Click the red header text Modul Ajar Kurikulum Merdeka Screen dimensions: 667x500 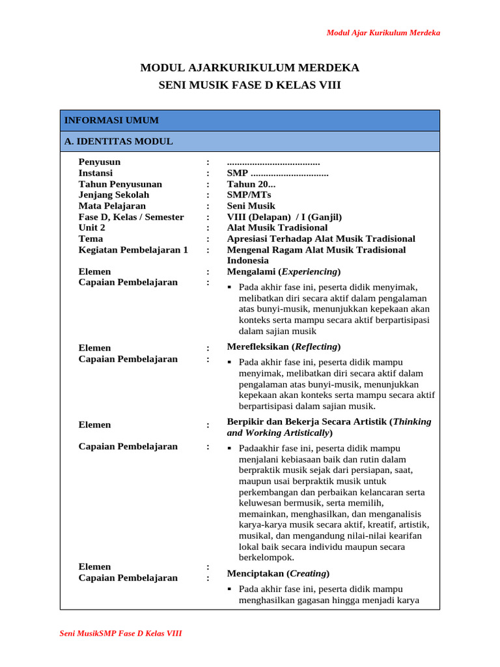(x=383, y=33)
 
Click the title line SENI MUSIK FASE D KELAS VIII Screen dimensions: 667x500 (x=250, y=85)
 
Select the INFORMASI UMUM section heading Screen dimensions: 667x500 (x=111, y=121)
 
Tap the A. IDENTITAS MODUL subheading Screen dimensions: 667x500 (x=118, y=141)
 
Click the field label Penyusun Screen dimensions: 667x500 (x=99, y=162)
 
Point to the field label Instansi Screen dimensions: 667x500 (x=96, y=173)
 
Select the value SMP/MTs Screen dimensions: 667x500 (x=249, y=195)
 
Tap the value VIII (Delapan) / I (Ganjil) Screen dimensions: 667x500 (x=284, y=217)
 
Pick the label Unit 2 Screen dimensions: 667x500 (x=92, y=228)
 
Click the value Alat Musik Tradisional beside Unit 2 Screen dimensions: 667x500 (x=277, y=228)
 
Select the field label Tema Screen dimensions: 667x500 (x=90, y=239)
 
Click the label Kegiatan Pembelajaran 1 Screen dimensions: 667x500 (x=133, y=250)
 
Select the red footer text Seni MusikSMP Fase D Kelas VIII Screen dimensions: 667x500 (x=120, y=633)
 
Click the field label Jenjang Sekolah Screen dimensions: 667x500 (x=114, y=195)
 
